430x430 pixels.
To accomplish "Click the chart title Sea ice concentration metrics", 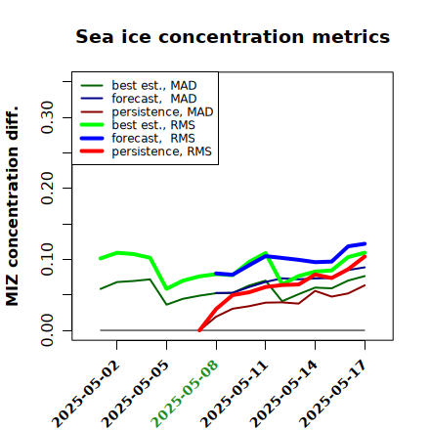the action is click(233, 36).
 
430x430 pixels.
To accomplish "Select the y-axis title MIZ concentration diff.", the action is click(12, 206).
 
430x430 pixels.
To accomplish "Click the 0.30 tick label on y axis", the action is click(47, 117).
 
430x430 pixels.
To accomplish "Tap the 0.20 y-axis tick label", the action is click(47, 188).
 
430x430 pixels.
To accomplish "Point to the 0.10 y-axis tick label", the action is click(47, 259).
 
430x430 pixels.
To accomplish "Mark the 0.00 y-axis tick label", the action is click(47, 330).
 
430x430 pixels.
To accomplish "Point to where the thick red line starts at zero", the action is click(199, 330).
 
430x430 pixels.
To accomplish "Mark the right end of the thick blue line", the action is click(365, 243).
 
